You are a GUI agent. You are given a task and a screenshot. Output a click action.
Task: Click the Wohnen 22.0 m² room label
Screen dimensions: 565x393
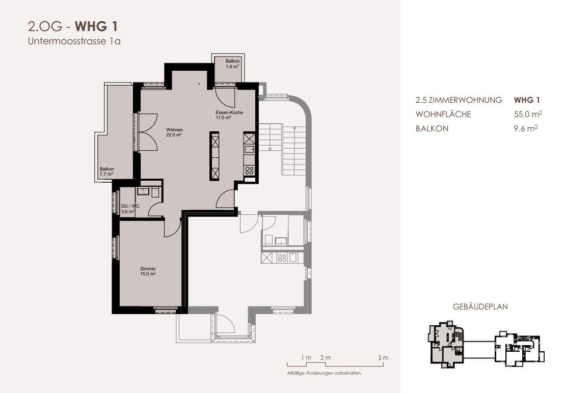(174, 132)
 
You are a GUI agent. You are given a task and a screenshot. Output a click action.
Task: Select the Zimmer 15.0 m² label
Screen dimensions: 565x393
(148, 271)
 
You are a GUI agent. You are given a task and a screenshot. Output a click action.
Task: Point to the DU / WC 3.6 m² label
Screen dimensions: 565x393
(130, 209)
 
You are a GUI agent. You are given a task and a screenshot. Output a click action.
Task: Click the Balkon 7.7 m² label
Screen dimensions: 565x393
(106, 172)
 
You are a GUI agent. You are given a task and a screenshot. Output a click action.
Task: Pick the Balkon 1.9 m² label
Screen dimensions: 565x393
(232, 64)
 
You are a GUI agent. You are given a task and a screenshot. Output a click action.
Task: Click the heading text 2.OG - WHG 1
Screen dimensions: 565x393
(73, 26)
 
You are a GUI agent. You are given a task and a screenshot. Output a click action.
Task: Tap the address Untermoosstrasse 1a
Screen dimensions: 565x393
(74, 41)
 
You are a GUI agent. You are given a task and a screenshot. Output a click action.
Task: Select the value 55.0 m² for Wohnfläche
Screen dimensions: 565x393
(528, 114)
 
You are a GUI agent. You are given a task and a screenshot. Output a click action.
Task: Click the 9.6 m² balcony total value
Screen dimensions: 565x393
(526, 128)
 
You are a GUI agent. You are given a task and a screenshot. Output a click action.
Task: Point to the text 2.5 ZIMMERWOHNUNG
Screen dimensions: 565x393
(459, 100)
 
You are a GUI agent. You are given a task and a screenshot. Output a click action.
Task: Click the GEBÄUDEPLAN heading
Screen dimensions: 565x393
(480, 306)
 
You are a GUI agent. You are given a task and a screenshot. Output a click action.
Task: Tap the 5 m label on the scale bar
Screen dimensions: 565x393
(384, 358)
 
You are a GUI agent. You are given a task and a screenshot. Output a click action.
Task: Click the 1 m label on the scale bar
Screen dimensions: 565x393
(306, 358)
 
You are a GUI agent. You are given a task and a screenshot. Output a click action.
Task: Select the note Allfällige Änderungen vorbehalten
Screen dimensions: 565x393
(325, 373)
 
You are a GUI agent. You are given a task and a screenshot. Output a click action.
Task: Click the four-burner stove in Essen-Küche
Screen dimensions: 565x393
(249, 170)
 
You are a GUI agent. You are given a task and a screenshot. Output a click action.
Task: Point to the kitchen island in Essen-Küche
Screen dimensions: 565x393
(214, 156)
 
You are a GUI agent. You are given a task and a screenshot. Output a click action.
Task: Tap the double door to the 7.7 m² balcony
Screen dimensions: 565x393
(147, 132)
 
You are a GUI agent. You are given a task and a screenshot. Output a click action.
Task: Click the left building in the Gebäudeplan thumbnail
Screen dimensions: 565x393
(446, 345)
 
